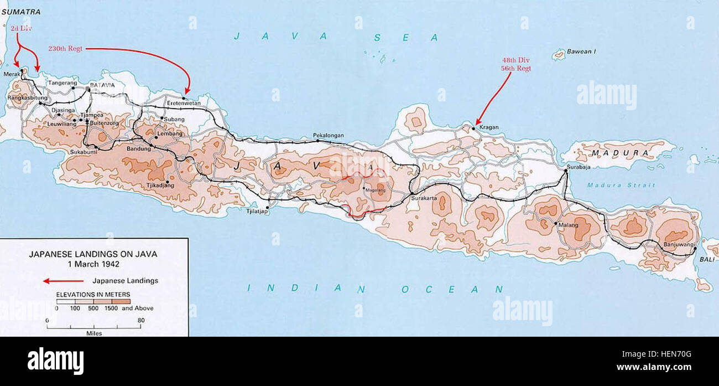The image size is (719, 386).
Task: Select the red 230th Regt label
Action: [x=65, y=49]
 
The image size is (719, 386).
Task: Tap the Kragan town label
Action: [x=488, y=127]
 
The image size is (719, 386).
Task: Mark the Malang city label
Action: [x=568, y=225]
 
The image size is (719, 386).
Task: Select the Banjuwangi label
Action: [x=675, y=245]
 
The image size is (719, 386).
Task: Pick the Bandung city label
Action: [x=138, y=148]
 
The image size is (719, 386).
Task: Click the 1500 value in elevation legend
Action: [x=112, y=308]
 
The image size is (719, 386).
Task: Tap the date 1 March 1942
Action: [x=93, y=264]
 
